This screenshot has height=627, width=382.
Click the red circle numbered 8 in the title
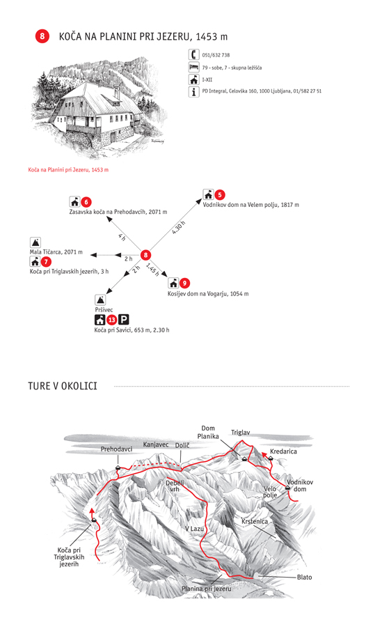[x=42, y=36]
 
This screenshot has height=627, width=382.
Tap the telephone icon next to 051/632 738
[x=194, y=54]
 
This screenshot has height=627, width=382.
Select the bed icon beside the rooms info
[x=194, y=67]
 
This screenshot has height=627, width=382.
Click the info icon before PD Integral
[x=194, y=91]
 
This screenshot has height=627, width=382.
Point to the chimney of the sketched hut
[x=117, y=92]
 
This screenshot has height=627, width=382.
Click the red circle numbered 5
[x=220, y=195]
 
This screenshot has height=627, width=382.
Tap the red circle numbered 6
[x=86, y=202]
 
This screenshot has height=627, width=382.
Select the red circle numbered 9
[x=184, y=283]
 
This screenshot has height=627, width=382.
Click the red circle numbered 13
[x=111, y=320]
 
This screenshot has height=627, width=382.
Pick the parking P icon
[x=123, y=320]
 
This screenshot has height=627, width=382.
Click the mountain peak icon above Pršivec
[x=100, y=300]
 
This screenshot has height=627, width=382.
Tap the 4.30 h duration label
[x=179, y=228]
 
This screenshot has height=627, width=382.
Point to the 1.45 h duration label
[x=152, y=269]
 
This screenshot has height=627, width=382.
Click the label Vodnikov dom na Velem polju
[x=251, y=205]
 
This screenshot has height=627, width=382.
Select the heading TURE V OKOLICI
[x=63, y=386]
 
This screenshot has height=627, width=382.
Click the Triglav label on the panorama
[x=241, y=432]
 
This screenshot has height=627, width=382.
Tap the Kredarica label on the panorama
[x=283, y=451]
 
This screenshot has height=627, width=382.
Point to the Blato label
[x=305, y=577]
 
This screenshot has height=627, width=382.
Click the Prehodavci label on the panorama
[x=116, y=449]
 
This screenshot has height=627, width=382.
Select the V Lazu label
[x=195, y=529]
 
